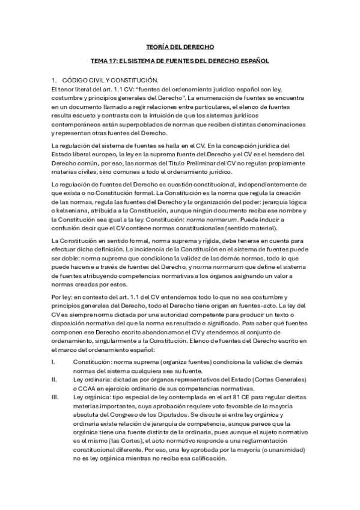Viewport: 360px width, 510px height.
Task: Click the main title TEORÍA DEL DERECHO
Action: point(180,46)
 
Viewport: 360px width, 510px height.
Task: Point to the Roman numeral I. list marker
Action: point(53,362)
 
